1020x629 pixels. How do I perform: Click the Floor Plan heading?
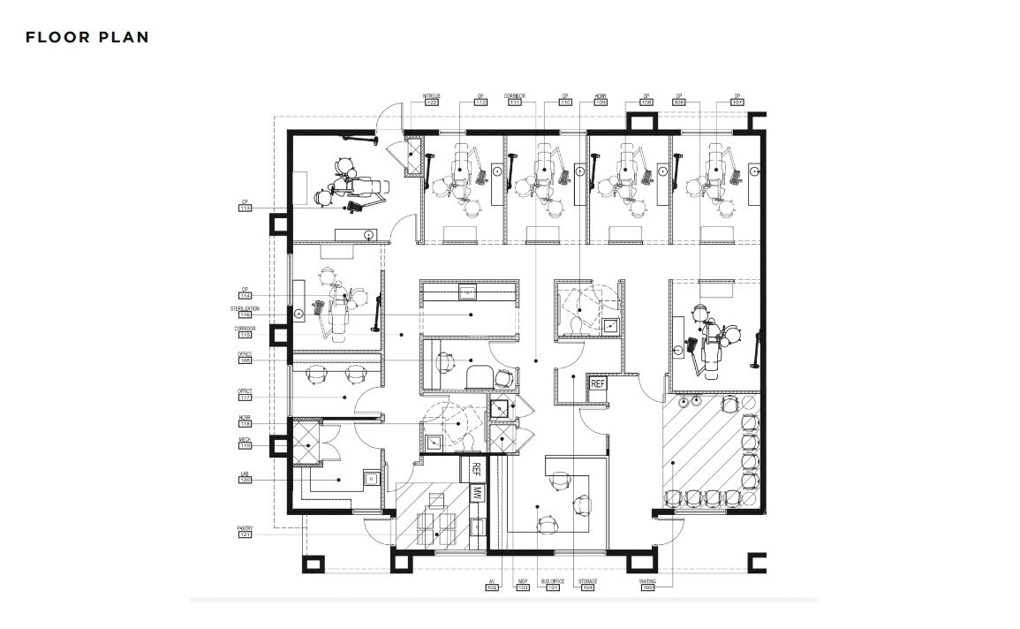[x=87, y=37]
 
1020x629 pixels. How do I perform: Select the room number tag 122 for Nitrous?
[x=431, y=102]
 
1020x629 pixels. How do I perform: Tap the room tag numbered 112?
[x=480, y=102]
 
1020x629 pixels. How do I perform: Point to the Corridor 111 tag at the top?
[x=514, y=102]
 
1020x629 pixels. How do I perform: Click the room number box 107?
[x=737, y=102]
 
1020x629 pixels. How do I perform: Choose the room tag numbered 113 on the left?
[x=246, y=208]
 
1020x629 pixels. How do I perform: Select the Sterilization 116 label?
[x=246, y=314]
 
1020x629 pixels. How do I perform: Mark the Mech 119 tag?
[x=245, y=446]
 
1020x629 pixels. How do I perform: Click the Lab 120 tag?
[x=245, y=480]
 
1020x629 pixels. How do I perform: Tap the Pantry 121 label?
[x=245, y=534]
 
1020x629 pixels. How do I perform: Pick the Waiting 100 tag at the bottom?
[x=647, y=587]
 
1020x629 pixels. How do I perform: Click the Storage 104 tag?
[x=588, y=587]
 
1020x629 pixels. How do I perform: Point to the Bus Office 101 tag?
[x=553, y=587]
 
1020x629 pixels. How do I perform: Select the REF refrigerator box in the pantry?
[x=476, y=468]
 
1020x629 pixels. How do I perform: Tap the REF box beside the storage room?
[x=598, y=383]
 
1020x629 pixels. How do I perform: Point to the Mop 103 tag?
[x=522, y=587]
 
